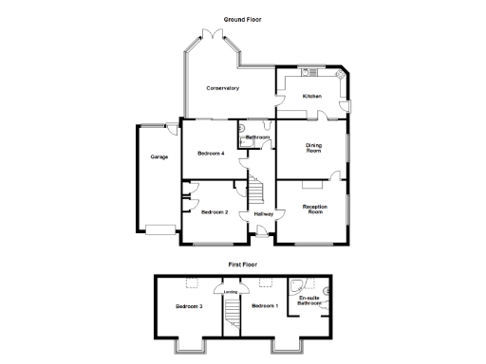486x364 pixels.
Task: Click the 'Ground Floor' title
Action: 242,19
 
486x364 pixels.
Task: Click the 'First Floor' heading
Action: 242,264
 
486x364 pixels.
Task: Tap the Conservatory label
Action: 223,88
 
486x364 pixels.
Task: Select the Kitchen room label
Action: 312,97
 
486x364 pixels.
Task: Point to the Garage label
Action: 159,156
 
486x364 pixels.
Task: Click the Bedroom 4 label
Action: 211,153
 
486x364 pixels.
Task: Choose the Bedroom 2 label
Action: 215,212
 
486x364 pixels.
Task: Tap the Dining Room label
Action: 313,148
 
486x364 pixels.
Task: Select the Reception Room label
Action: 314,209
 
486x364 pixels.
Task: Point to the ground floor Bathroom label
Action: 258,138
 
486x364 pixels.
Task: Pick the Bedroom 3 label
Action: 189,306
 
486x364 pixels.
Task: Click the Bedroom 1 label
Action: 264,305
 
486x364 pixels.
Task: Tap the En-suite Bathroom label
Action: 310,302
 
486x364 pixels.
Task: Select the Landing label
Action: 231,292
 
